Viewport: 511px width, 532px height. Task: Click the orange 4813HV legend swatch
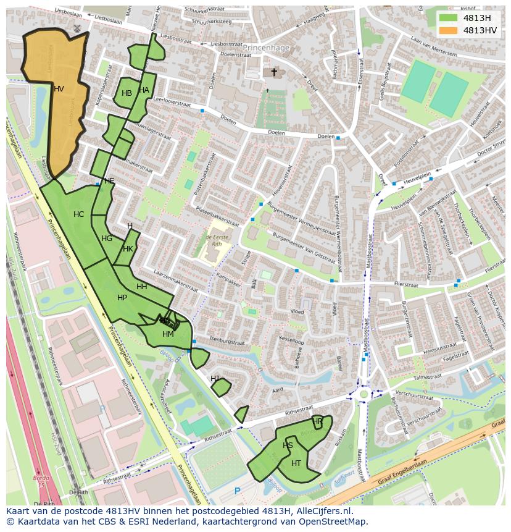point(449,30)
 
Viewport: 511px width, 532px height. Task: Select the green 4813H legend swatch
point(449,18)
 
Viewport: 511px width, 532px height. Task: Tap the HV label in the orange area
point(59,89)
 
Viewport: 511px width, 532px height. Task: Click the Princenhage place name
point(266,47)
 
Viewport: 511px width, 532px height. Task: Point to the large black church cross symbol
point(274,72)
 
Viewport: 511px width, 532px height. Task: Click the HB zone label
point(127,93)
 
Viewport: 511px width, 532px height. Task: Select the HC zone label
point(78,214)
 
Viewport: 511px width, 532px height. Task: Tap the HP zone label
point(122,298)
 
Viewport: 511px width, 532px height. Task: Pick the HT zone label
point(296,463)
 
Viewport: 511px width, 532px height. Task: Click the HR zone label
point(317,421)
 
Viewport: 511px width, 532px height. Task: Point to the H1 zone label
point(215,378)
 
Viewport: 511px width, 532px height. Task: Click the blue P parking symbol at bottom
point(238,491)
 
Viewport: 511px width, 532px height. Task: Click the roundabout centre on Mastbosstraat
point(364,394)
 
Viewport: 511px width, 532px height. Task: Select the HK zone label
point(128,249)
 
